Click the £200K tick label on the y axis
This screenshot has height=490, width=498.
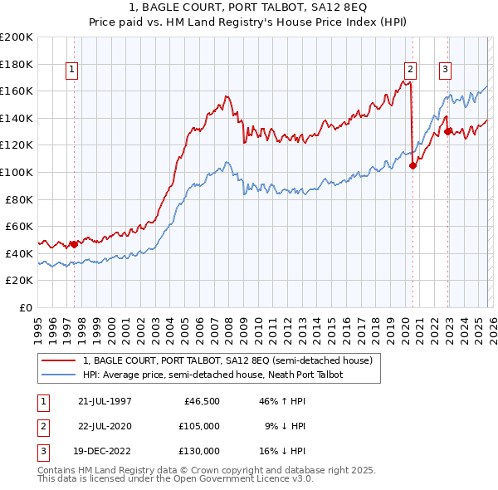[x=17, y=37]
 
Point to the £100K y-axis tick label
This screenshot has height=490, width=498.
[x=17, y=172]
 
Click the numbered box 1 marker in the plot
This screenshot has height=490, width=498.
[x=73, y=71]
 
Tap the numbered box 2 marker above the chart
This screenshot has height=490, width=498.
[x=411, y=71]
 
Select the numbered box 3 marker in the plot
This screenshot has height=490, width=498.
[x=446, y=71]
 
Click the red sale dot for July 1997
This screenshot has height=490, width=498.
[x=74, y=244]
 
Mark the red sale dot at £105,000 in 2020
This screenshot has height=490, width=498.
[x=413, y=165]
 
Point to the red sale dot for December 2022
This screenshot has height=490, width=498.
[x=448, y=131]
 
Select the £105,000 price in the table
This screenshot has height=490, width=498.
[x=199, y=426]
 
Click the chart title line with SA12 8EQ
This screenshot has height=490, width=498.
[x=249, y=8]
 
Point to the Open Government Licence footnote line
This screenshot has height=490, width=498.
[x=183, y=480]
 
